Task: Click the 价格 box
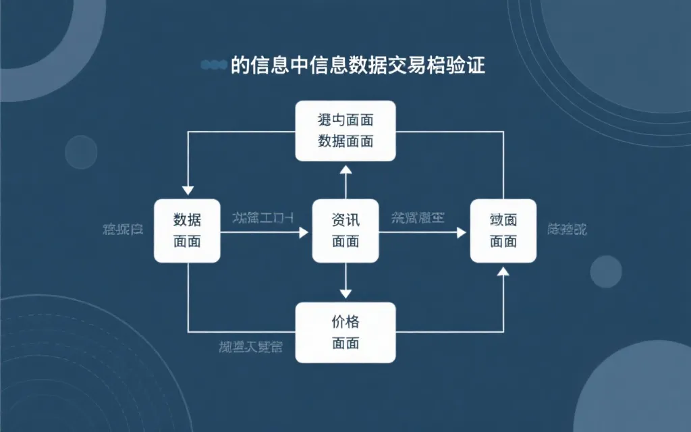coord(345,333)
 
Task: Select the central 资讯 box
coord(345,231)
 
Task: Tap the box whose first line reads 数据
coord(187,231)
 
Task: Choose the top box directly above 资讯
coord(345,130)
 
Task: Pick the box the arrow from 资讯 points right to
coord(503,231)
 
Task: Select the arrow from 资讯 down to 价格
coord(345,281)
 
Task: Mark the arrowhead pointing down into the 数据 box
coord(188,190)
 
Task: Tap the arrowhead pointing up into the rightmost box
coord(503,271)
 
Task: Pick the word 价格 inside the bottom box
coord(345,322)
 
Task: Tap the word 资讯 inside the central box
coord(345,220)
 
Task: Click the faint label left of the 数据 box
coord(122,229)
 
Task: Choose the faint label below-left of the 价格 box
coord(250,348)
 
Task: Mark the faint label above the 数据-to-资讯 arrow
coord(262,217)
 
